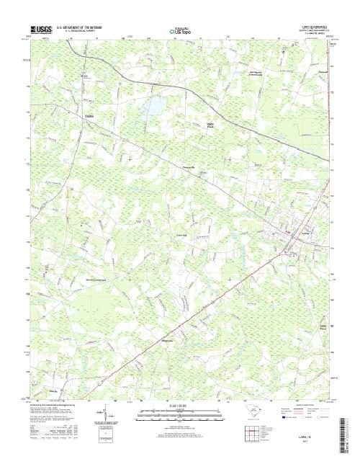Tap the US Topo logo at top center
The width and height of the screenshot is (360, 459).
point(180,31)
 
